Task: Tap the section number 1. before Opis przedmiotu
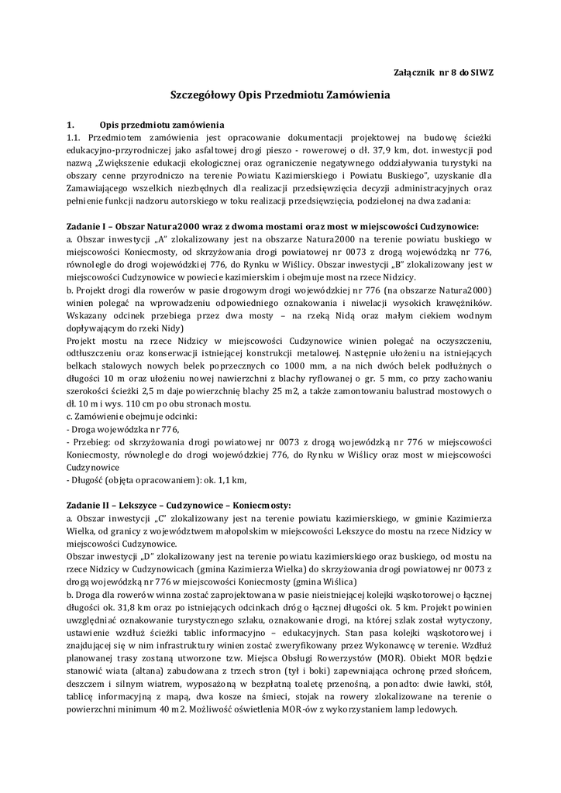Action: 71,124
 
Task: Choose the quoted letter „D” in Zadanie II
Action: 143,557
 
